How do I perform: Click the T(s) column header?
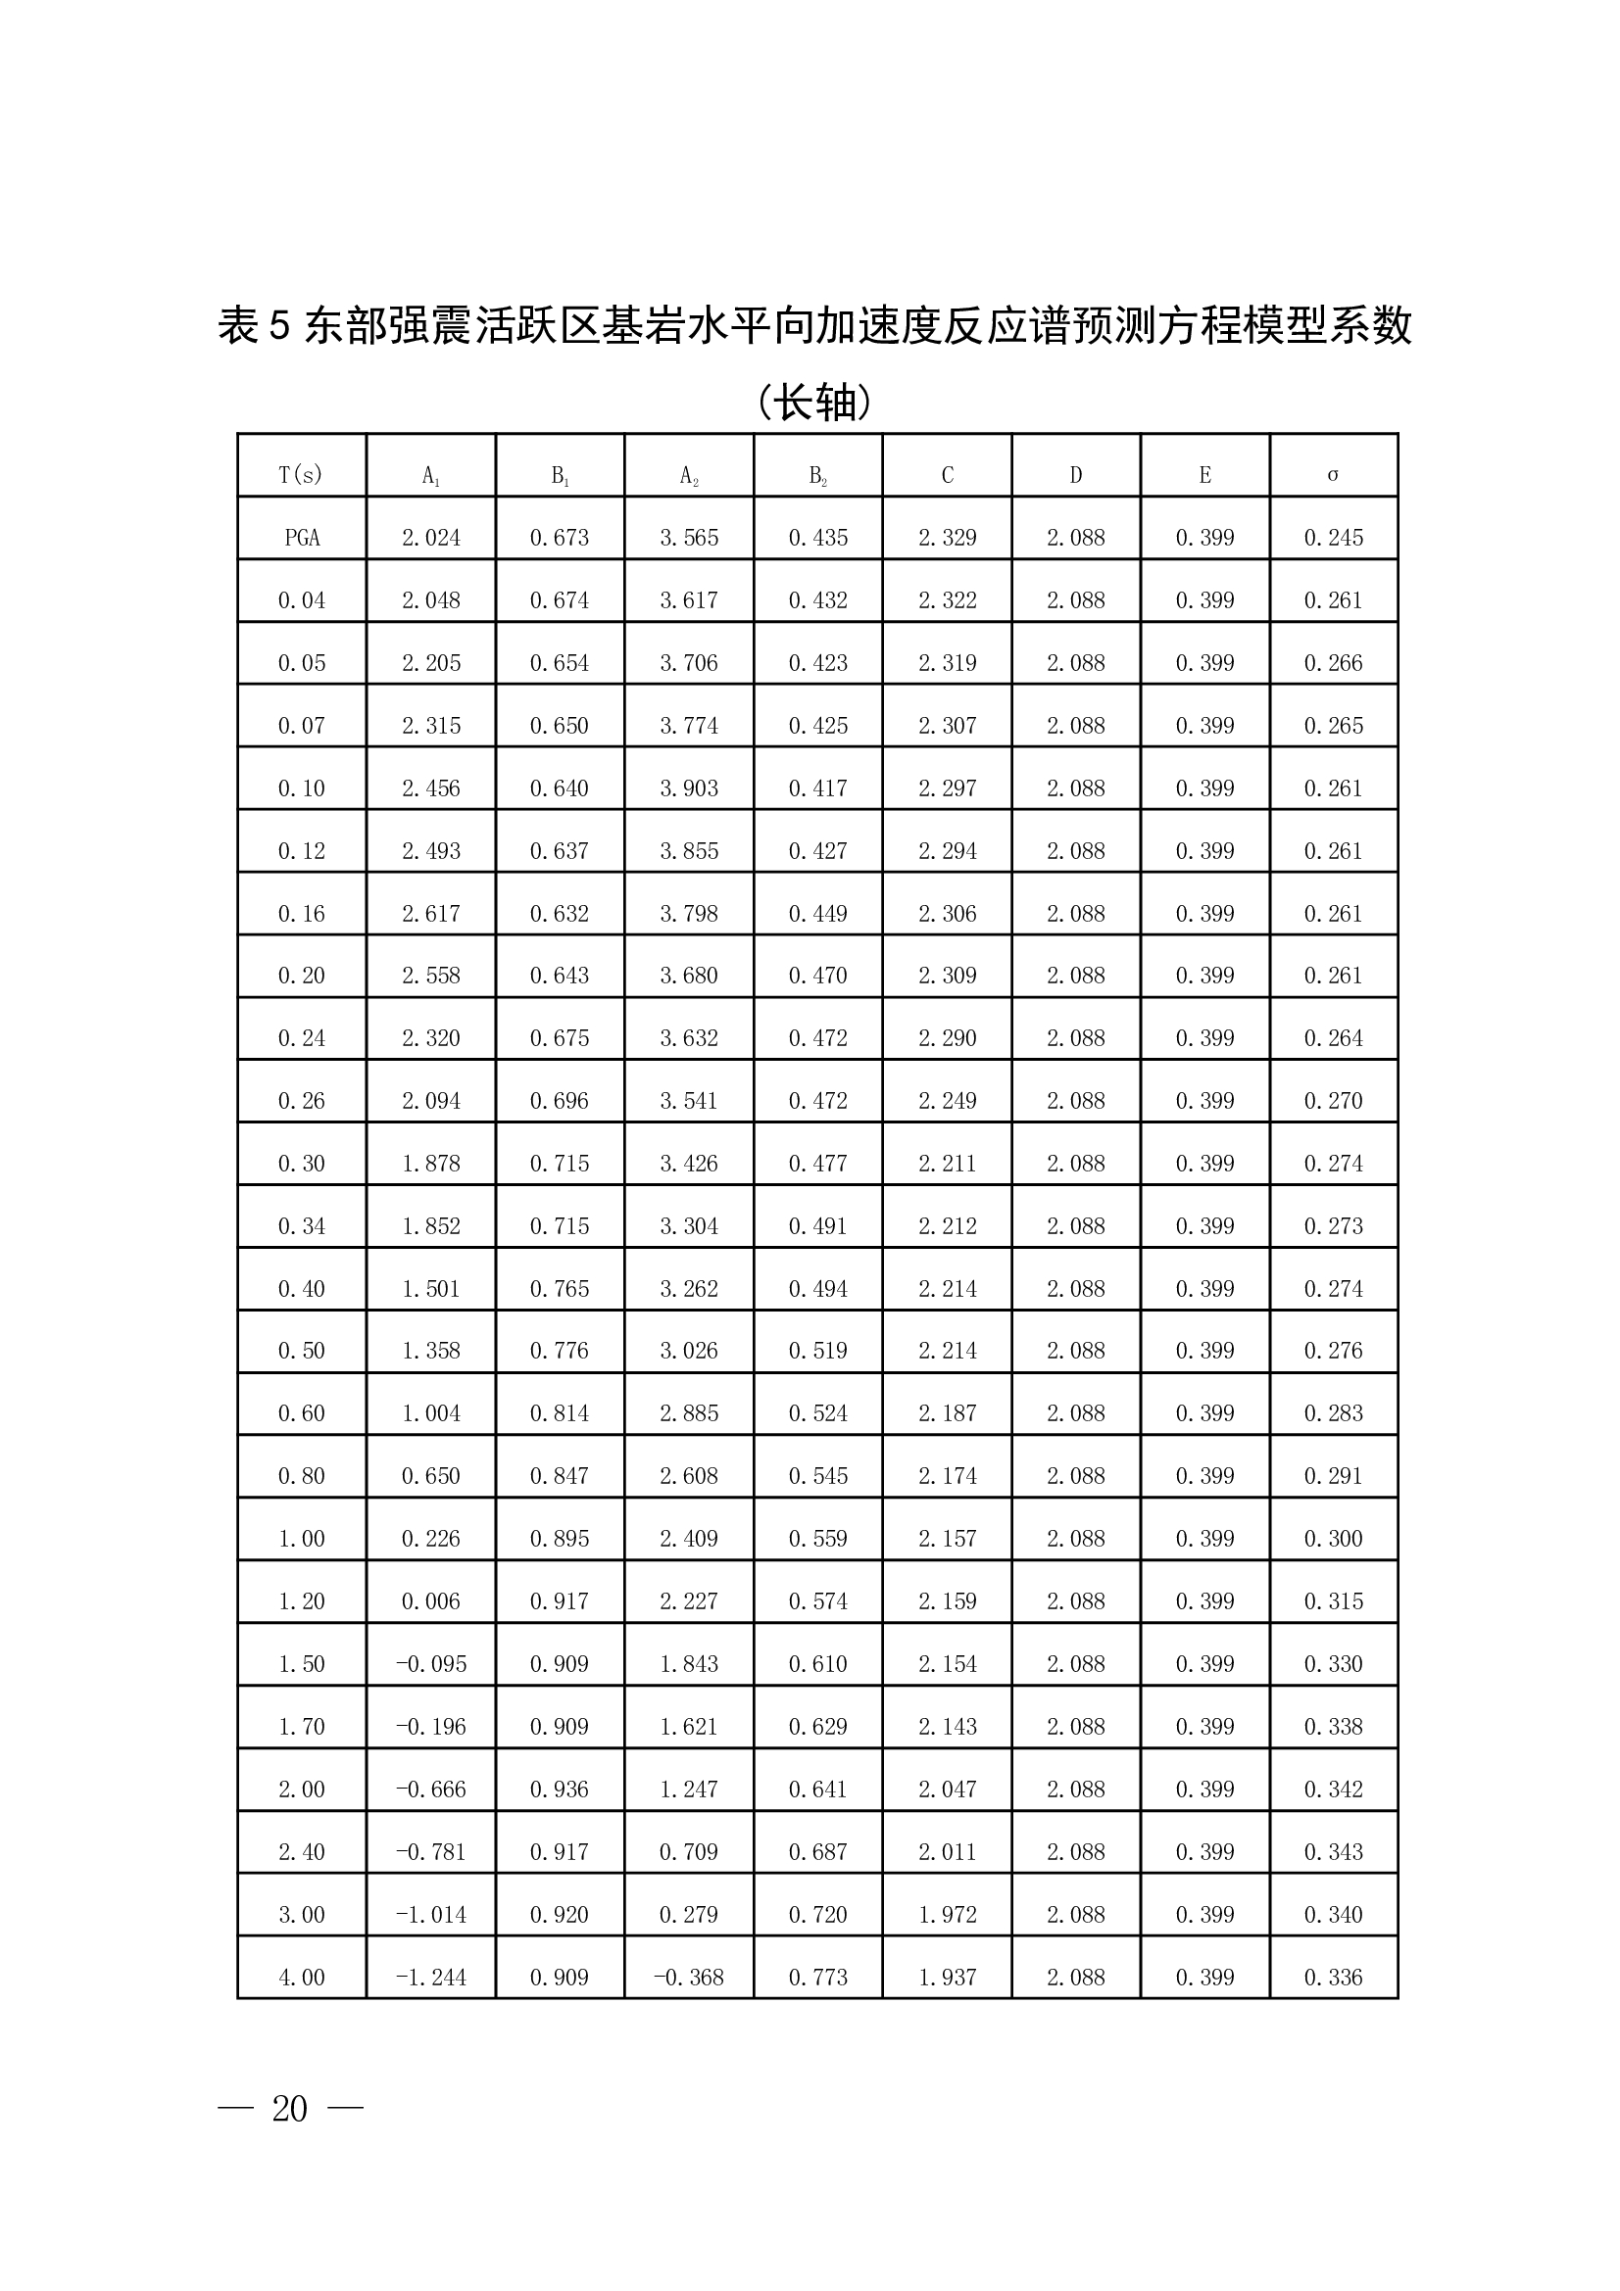click(301, 475)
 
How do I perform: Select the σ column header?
click(1333, 475)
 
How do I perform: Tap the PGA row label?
click(302, 538)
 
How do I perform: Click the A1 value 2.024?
click(431, 538)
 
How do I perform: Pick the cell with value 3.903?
click(689, 788)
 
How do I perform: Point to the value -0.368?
click(689, 1977)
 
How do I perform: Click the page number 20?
click(289, 2109)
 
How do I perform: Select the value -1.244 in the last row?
click(431, 1977)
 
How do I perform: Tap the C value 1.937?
click(948, 1977)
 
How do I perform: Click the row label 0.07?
click(302, 726)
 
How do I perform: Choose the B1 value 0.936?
click(559, 1790)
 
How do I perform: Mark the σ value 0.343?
click(1333, 1852)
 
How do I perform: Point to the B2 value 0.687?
click(817, 1852)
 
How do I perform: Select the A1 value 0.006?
click(431, 1601)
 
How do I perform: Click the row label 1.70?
click(302, 1726)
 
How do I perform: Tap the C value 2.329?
click(948, 538)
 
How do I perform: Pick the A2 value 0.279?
click(689, 1914)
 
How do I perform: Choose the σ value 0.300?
click(1333, 1539)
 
